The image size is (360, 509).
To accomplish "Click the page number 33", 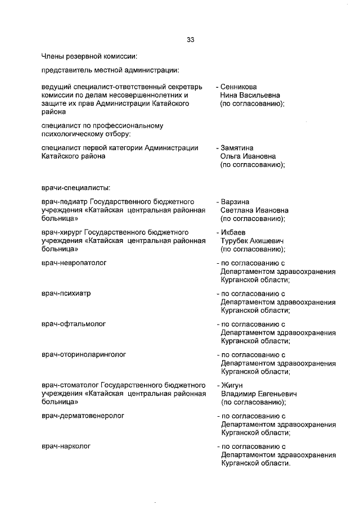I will (191, 39).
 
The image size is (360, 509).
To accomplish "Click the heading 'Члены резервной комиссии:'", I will (89, 56).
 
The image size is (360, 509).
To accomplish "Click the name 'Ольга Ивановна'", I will (246, 156).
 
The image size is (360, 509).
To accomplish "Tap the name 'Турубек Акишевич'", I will (251, 241).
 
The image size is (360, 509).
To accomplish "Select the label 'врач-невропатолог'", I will (74, 263).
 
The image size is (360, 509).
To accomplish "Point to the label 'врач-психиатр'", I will (66, 294).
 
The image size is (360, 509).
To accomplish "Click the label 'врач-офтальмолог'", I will (74, 324).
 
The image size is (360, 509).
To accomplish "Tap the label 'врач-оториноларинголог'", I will (84, 355).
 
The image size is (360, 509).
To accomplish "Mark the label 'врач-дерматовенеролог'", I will (83, 416).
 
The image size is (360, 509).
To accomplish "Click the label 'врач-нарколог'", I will (66, 446).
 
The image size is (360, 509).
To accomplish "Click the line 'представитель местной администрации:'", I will (110, 70).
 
